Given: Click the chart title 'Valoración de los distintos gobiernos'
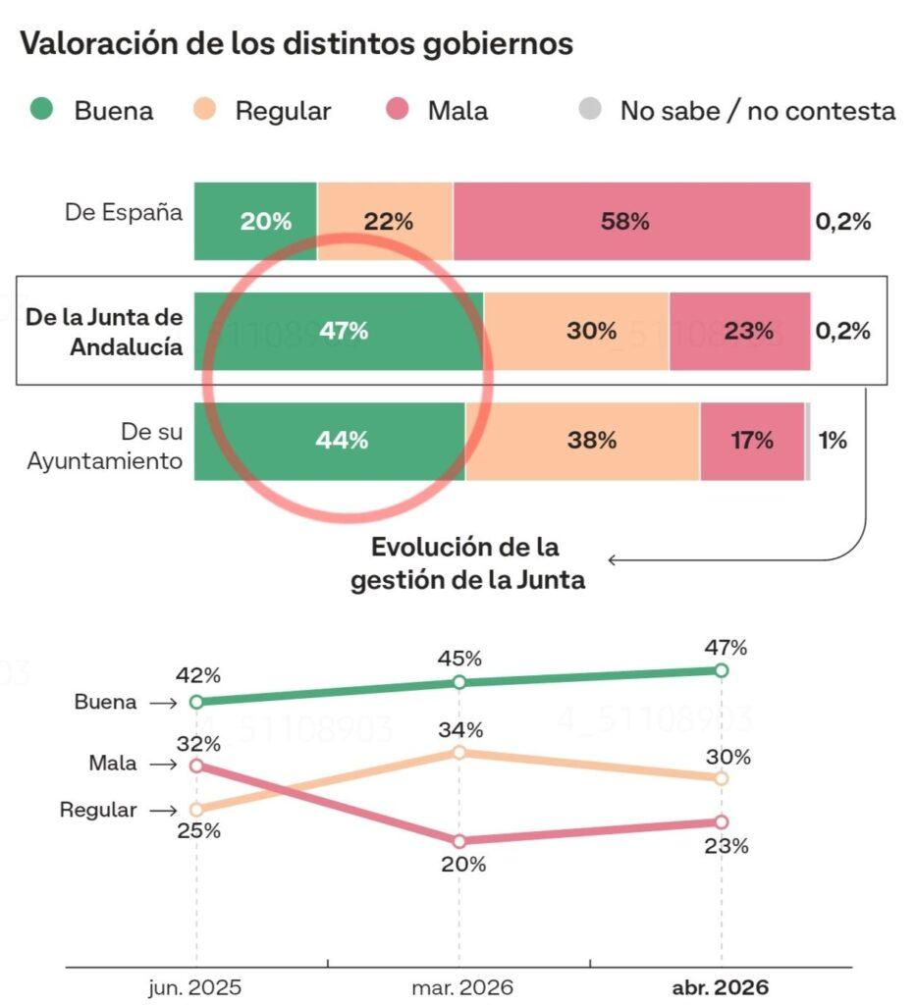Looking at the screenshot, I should click(296, 44).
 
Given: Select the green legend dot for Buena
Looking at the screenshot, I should click(41, 110).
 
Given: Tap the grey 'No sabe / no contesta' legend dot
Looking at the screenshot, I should click(588, 110).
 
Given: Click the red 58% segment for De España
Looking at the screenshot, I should click(631, 222).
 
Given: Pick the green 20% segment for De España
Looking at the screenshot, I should click(255, 222).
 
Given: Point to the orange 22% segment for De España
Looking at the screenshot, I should click(385, 222).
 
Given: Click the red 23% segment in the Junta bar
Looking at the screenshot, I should click(740, 332).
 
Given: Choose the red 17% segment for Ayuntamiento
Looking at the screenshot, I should click(752, 441).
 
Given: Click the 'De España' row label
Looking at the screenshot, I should click(124, 212).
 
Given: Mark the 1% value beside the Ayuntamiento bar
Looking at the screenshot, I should click(833, 441).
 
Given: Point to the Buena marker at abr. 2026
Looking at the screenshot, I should click(722, 670).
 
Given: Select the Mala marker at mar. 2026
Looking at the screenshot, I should click(458, 841).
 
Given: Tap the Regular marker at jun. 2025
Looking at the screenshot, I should click(196, 810).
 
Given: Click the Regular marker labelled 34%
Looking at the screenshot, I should click(458, 752).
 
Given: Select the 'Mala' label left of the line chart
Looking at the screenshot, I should click(113, 764).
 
